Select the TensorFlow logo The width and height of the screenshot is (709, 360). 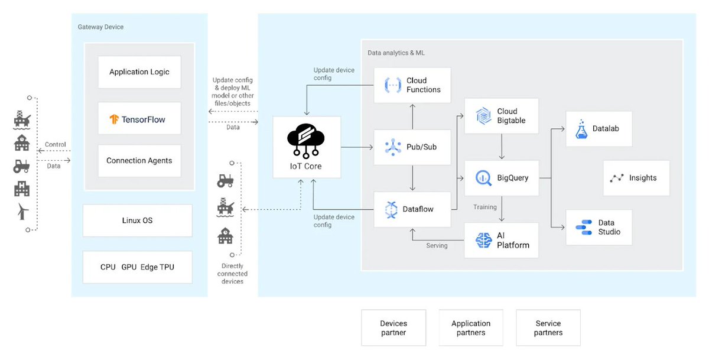(x=114, y=119)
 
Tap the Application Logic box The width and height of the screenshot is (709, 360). (x=139, y=72)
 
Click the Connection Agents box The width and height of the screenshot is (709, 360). (x=139, y=161)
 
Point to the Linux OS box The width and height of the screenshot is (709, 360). (x=137, y=220)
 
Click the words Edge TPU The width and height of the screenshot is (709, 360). (x=157, y=267)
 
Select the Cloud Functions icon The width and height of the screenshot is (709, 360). (x=393, y=85)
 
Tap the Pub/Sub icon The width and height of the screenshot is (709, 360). (x=393, y=147)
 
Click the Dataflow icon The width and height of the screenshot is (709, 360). (x=391, y=210)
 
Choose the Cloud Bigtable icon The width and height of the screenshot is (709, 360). (x=484, y=116)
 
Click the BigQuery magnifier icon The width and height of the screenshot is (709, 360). (x=484, y=178)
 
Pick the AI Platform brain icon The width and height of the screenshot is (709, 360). (x=484, y=240)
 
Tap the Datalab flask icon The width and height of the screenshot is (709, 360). (x=581, y=129)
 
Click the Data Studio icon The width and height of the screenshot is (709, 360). (x=584, y=228)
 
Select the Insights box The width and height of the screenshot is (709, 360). (x=636, y=178)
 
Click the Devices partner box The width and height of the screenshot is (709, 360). (x=393, y=327)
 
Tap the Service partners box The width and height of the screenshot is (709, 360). (x=548, y=327)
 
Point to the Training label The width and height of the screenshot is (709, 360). (x=485, y=207)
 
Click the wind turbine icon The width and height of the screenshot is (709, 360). (x=22, y=211)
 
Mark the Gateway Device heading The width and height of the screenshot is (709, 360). (x=100, y=27)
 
